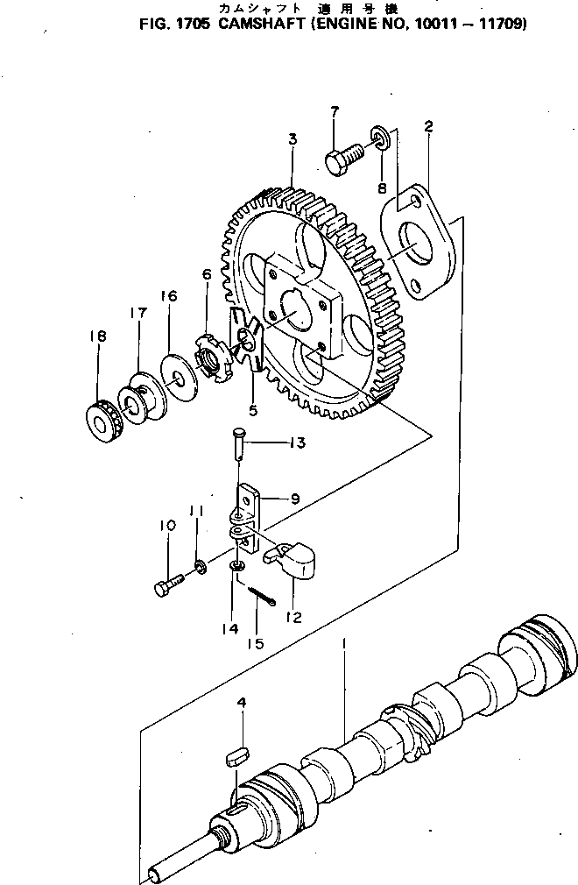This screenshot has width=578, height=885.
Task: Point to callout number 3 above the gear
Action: [x=293, y=139]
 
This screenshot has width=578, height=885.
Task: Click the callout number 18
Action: [x=95, y=337]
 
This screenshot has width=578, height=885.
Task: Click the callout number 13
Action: [x=296, y=443]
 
